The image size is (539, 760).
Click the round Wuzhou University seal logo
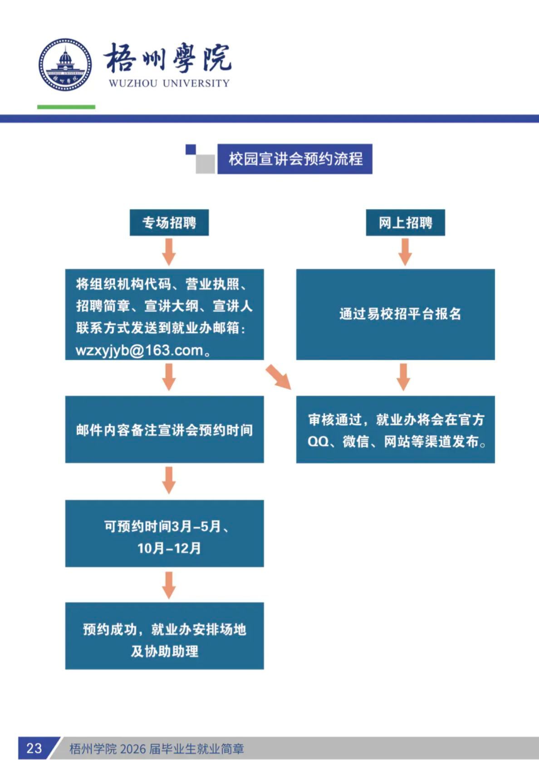click(x=65, y=64)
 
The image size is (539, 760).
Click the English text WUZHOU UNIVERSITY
click(x=169, y=83)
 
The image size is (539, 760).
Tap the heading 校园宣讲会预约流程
click(x=295, y=159)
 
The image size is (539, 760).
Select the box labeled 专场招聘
click(x=169, y=223)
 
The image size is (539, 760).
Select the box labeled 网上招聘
click(x=405, y=223)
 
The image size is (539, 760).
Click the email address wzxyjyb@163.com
click(x=140, y=351)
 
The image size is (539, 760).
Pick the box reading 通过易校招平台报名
click(x=395, y=314)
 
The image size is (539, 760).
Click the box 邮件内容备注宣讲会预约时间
click(x=164, y=429)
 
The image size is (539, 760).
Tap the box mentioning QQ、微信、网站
click(x=395, y=429)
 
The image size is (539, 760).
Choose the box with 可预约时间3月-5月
click(x=164, y=533)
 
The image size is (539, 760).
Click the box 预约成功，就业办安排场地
click(x=164, y=636)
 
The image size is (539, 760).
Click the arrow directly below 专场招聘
click(x=169, y=252)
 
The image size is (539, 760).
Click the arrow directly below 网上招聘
click(x=405, y=252)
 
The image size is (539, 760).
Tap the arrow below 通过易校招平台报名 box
click(x=403, y=377)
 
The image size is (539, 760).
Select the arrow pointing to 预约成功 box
click(x=169, y=585)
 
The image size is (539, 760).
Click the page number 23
click(x=34, y=748)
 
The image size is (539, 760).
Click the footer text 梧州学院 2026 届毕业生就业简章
click(x=157, y=749)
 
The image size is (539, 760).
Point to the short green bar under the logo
click(x=66, y=107)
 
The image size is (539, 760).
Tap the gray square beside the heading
click(x=205, y=164)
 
